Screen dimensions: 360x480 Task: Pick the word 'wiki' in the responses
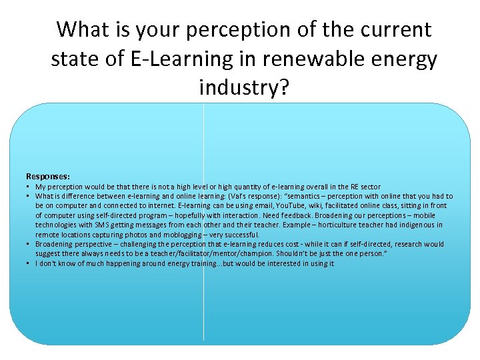coord(306,206)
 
